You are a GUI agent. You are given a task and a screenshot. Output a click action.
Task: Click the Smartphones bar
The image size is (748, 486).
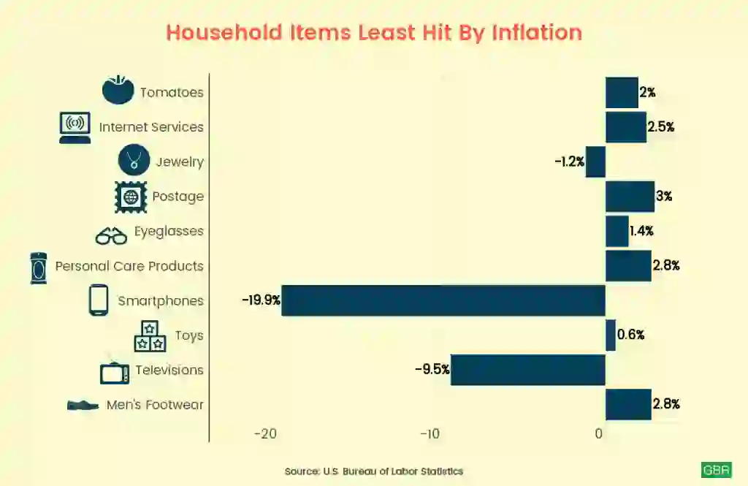[x=443, y=300]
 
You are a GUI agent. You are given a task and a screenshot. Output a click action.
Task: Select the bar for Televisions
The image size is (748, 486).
[x=528, y=370]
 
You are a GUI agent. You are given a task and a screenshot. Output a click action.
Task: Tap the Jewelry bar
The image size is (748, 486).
[x=596, y=162]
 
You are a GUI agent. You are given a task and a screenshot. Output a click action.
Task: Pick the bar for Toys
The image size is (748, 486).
[x=611, y=335]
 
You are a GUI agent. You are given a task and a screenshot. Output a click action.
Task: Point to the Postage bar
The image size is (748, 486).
[x=630, y=197]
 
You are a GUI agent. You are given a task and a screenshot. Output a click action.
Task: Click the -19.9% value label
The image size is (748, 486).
[x=262, y=300]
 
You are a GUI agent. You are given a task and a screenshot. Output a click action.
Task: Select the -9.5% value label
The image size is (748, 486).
[x=432, y=370]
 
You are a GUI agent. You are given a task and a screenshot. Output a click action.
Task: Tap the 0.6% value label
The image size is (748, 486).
[x=630, y=335]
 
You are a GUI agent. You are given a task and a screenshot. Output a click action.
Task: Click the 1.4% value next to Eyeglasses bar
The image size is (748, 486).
[x=641, y=232]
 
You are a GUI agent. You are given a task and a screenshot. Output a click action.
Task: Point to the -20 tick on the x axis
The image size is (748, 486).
[x=265, y=433]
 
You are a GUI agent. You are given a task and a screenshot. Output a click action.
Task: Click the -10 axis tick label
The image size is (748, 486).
[x=430, y=433]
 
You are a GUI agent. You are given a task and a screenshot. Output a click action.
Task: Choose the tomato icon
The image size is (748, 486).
[x=118, y=91]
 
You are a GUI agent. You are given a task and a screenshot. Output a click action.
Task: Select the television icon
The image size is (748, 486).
[x=115, y=372]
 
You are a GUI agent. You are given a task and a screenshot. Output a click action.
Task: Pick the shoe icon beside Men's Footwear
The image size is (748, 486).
[x=83, y=405]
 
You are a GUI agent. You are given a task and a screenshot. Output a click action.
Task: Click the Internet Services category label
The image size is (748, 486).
[x=151, y=127]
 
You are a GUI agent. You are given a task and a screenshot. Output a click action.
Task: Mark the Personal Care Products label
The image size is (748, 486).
[x=129, y=266]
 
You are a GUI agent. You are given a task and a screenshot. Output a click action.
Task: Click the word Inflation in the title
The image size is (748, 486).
[x=537, y=33]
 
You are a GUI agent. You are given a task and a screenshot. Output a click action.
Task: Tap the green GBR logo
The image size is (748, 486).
[x=716, y=470]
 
